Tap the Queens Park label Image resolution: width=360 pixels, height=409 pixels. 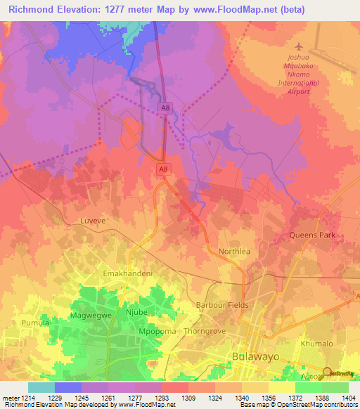point(313,235)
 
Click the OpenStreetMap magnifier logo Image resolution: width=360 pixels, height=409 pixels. point(328,372)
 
